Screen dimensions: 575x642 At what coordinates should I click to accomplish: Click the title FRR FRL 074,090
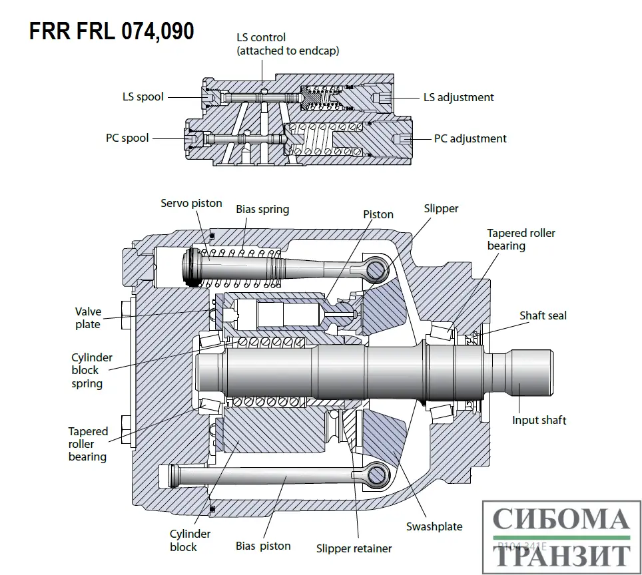click(x=112, y=31)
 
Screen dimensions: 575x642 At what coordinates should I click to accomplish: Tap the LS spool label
click(x=143, y=96)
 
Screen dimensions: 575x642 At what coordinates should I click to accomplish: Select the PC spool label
click(x=127, y=138)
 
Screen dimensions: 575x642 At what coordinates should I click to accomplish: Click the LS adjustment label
click(x=459, y=97)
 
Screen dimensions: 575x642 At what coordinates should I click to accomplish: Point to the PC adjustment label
click(x=470, y=138)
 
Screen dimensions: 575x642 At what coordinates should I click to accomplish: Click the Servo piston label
click(x=191, y=202)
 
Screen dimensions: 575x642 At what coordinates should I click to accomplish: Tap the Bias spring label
click(x=262, y=209)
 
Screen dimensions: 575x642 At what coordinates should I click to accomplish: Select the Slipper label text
click(x=441, y=208)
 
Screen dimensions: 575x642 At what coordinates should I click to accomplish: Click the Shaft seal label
click(x=543, y=315)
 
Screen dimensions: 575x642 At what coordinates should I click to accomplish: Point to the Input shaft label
click(x=539, y=420)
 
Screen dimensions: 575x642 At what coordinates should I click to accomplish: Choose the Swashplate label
click(x=434, y=526)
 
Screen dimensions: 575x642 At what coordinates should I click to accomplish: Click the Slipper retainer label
click(x=354, y=548)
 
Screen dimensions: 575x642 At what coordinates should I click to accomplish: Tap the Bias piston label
click(x=263, y=546)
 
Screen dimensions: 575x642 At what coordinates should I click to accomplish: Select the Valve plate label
click(x=88, y=317)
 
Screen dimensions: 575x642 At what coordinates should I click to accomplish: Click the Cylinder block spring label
click(x=92, y=370)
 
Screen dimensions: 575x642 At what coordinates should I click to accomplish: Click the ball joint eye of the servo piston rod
click(x=376, y=270)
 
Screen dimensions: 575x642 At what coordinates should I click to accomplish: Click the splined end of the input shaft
click(x=532, y=368)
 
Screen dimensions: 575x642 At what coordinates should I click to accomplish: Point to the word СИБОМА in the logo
click(x=561, y=520)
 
